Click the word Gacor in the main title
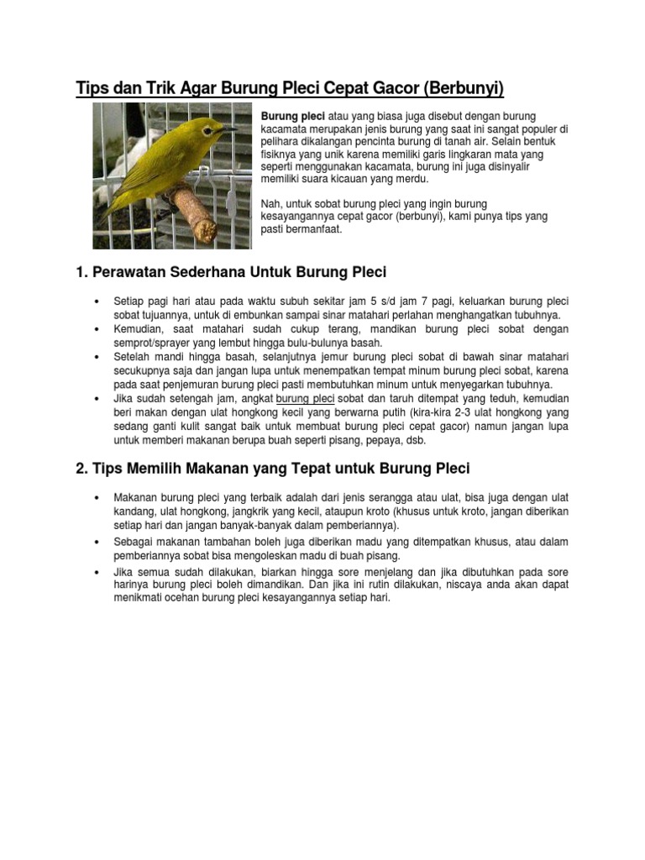[380, 88]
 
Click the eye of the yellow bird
[206, 126]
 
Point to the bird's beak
[228, 129]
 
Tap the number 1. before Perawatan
[81, 273]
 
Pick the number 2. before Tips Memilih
[81, 468]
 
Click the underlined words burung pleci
[306, 398]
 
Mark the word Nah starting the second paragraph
[272, 203]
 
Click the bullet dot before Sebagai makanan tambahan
[99, 543]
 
